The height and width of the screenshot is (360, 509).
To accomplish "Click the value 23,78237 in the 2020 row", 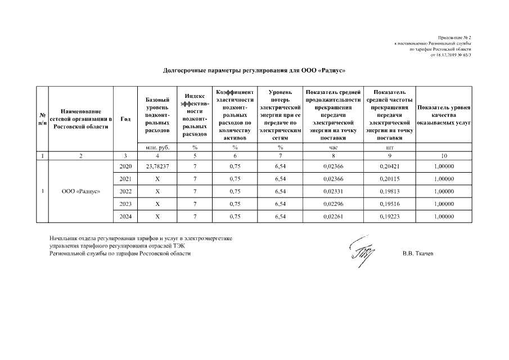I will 157,166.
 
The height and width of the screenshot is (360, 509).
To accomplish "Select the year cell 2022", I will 126,191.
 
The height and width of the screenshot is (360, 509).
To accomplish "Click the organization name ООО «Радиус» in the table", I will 81,191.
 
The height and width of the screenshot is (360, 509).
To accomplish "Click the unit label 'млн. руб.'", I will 157,147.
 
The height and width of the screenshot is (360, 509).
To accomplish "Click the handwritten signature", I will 360,251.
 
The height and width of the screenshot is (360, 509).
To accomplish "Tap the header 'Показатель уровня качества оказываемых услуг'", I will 444,115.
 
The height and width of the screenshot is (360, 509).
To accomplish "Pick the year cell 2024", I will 126,216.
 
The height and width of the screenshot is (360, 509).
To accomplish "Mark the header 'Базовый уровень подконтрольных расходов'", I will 157,115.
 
